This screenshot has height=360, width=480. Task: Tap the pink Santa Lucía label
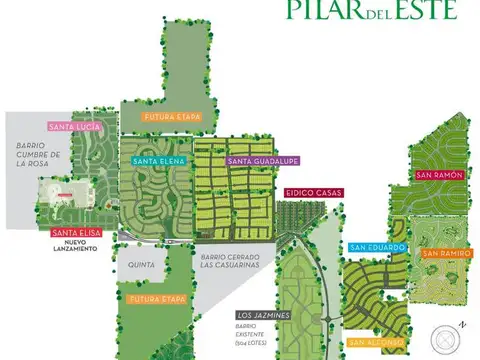pos(73,127)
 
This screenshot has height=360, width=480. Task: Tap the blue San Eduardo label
pos(377,247)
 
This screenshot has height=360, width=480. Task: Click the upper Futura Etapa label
pos(172,117)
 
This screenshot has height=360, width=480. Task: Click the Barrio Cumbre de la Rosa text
pos(38,155)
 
